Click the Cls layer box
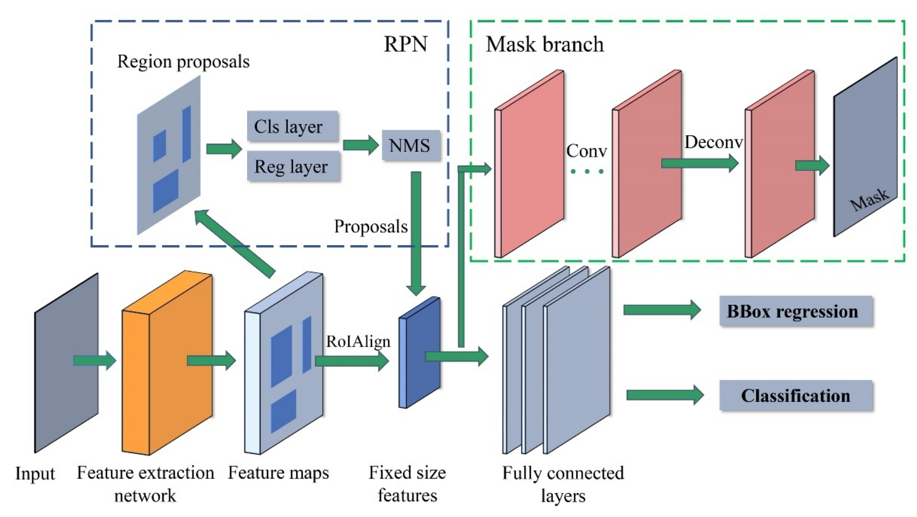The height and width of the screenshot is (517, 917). pos(292,126)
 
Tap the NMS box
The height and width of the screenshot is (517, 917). pos(410,145)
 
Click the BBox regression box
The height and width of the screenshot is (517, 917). pos(796,311)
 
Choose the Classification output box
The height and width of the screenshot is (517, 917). pos(796,395)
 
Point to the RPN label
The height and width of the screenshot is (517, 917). pos(405,44)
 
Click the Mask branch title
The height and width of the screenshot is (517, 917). pos(545,45)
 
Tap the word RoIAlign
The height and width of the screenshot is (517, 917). pos(358,341)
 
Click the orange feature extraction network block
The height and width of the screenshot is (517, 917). pos(167,363)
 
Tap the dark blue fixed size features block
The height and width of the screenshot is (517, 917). pos(420,352)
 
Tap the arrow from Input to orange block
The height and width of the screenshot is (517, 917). pos(94,360)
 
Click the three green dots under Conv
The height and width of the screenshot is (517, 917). pos(587,172)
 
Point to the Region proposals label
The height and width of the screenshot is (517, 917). pos(183,62)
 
